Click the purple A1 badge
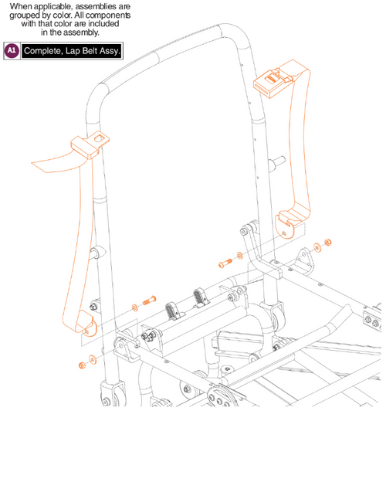tap(12, 50)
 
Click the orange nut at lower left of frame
tap(80, 364)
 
